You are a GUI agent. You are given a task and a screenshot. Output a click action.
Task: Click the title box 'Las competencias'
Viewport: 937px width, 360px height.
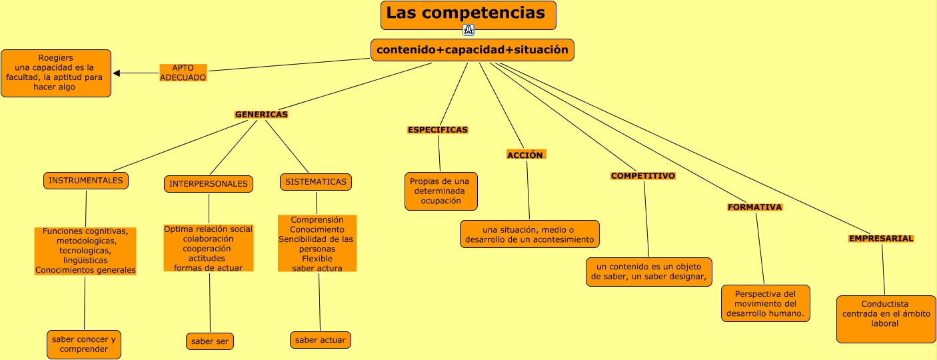pyautogui.click(x=468, y=15)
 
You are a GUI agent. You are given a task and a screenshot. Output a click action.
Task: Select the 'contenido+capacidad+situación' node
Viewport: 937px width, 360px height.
pyautogui.click(x=472, y=50)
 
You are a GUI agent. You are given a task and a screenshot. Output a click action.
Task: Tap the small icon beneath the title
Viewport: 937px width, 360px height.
pyautogui.click(x=468, y=30)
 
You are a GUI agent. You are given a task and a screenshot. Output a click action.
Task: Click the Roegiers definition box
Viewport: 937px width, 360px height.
pyautogui.click(x=56, y=73)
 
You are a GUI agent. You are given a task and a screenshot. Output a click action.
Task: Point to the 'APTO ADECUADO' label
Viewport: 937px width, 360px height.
pyautogui.click(x=183, y=73)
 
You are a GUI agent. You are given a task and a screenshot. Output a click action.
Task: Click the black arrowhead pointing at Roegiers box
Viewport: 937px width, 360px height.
pyautogui.click(x=117, y=73)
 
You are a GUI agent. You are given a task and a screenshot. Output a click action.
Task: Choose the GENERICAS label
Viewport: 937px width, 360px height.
pyautogui.click(x=261, y=115)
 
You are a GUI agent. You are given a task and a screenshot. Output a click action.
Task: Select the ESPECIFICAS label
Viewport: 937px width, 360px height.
pyautogui.click(x=438, y=130)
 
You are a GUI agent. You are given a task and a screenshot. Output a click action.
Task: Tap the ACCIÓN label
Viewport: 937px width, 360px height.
pyautogui.click(x=526, y=155)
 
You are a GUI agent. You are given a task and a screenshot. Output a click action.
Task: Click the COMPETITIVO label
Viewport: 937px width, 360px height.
pyautogui.click(x=643, y=176)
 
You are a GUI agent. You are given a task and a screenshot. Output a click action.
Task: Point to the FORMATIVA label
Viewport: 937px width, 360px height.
pyautogui.click(x=754, y=207)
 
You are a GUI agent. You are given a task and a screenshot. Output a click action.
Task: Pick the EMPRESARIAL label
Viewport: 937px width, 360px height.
pyautogui.click(x=881, y=239)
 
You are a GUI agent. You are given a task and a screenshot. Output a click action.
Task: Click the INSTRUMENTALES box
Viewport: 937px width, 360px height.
pyautogui.click(x=86, y=181)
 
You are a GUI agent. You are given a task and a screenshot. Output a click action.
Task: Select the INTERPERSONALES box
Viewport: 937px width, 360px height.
pyautogui.click(x=209, y=184)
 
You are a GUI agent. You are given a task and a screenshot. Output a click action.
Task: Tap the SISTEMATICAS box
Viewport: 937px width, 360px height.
pyautogui.click(x=316, y=182)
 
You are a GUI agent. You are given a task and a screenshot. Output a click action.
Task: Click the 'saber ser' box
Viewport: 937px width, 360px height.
pyautogui.click(x=210, y=341)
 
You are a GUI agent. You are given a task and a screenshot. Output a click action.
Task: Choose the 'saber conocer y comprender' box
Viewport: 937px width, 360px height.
pyautogui.click(x=84, y=344)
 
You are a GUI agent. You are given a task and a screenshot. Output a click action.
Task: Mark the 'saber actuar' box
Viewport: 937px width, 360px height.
pyautogui.click(x=321, y=340)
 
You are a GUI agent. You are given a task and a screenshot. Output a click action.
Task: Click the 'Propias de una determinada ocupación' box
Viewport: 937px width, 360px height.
pyautogui.click(x=441, y=191)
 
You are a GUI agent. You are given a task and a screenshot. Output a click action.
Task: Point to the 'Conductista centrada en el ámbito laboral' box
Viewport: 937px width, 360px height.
pyautogui.click(x=886, y=319)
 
